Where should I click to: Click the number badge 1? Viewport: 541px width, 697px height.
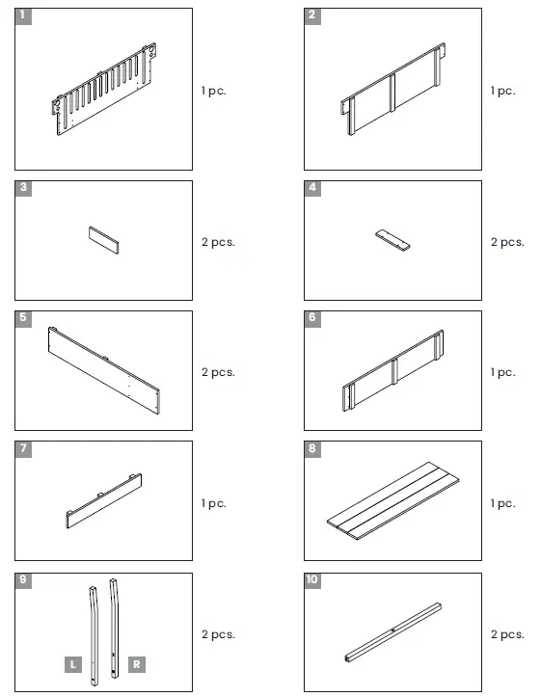click(23, 16)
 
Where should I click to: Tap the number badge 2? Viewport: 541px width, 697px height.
click(312, 16)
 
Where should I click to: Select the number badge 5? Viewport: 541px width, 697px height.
click(23, 318)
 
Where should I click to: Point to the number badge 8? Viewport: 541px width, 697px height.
click(312, 449)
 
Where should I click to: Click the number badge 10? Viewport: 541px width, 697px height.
click(313, 580)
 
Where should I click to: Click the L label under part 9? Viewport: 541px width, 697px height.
click(72, 664)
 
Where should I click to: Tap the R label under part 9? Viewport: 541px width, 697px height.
click(137, 664)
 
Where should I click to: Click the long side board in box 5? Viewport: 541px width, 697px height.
click(106, 370)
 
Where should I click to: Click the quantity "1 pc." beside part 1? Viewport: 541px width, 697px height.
click(213, 91)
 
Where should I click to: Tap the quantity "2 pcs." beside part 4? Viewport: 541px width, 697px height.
click(506, 242)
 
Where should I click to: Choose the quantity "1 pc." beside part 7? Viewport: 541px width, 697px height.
click(213, 503)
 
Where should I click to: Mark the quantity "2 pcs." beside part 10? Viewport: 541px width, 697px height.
click(506, 634)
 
